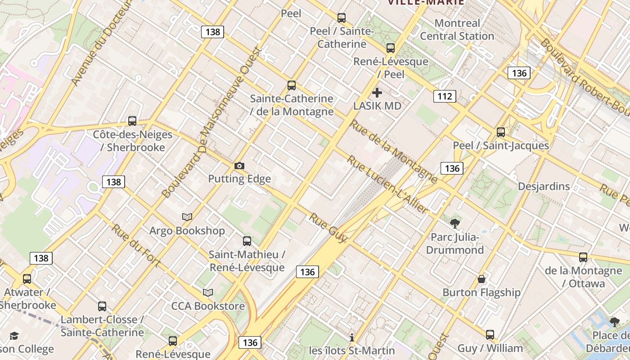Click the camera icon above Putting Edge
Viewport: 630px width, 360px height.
coord(239,166)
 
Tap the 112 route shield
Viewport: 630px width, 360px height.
coord(445,96)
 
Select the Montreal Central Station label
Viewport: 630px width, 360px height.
coord(457,30)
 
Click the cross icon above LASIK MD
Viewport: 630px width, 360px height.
coord(377,93)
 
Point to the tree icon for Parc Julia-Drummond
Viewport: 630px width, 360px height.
coord(455,224)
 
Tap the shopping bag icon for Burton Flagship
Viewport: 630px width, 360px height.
coord(481,279)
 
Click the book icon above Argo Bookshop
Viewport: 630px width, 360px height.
coord(187,217)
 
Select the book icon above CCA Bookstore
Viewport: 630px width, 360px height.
coord(207,293)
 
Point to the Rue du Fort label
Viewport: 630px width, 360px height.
coord(136,245)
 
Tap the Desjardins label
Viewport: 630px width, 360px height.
coord(544,186)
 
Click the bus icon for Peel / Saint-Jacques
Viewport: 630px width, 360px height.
coord(501,132)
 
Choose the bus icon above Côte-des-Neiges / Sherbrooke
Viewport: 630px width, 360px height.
coord(132,121)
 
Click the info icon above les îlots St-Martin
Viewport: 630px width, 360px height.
coord(352,337)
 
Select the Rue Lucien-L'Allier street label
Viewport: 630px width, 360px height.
coord(387,184)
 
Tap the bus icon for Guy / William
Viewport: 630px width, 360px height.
coord(490,335)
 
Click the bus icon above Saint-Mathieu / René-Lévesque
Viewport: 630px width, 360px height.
coord(247,241)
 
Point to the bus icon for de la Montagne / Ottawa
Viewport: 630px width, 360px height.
coord(583,257)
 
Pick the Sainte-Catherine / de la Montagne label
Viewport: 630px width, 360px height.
coord(292,105)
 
